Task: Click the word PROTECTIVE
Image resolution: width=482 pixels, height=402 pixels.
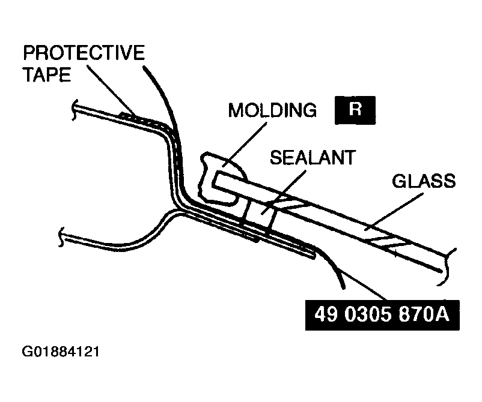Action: pos(84,53)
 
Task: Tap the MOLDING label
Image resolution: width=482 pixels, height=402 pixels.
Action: pos(272,110)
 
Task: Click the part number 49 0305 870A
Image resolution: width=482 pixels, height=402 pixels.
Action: pos(382,314)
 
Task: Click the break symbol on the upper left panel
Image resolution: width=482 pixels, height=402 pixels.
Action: pos(74,108)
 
